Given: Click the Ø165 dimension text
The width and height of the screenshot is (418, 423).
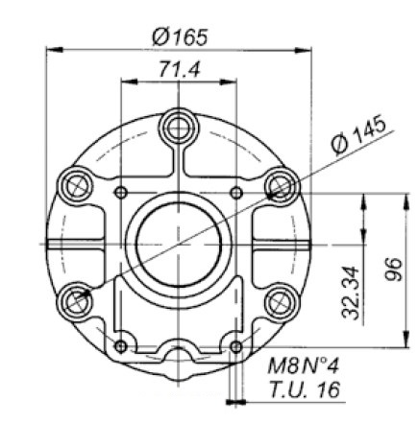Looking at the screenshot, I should coord(180,36).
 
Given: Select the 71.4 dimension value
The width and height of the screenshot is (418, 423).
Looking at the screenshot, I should coord(179,70).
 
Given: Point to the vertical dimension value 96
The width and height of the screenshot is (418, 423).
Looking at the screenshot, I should coord(392,271).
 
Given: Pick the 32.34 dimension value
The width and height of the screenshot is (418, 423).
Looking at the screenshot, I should coord(352,293).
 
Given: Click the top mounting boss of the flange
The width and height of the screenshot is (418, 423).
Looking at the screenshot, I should coord(179,124).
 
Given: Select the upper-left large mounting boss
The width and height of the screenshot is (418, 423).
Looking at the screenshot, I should coord(71,182).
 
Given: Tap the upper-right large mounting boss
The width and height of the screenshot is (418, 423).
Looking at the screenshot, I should coord(279,182).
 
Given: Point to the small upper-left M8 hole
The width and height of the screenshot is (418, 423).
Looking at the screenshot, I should coord(119,194).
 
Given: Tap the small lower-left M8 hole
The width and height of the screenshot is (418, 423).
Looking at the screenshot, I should coord(119,345).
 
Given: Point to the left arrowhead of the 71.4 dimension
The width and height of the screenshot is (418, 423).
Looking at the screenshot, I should coord(123,81).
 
